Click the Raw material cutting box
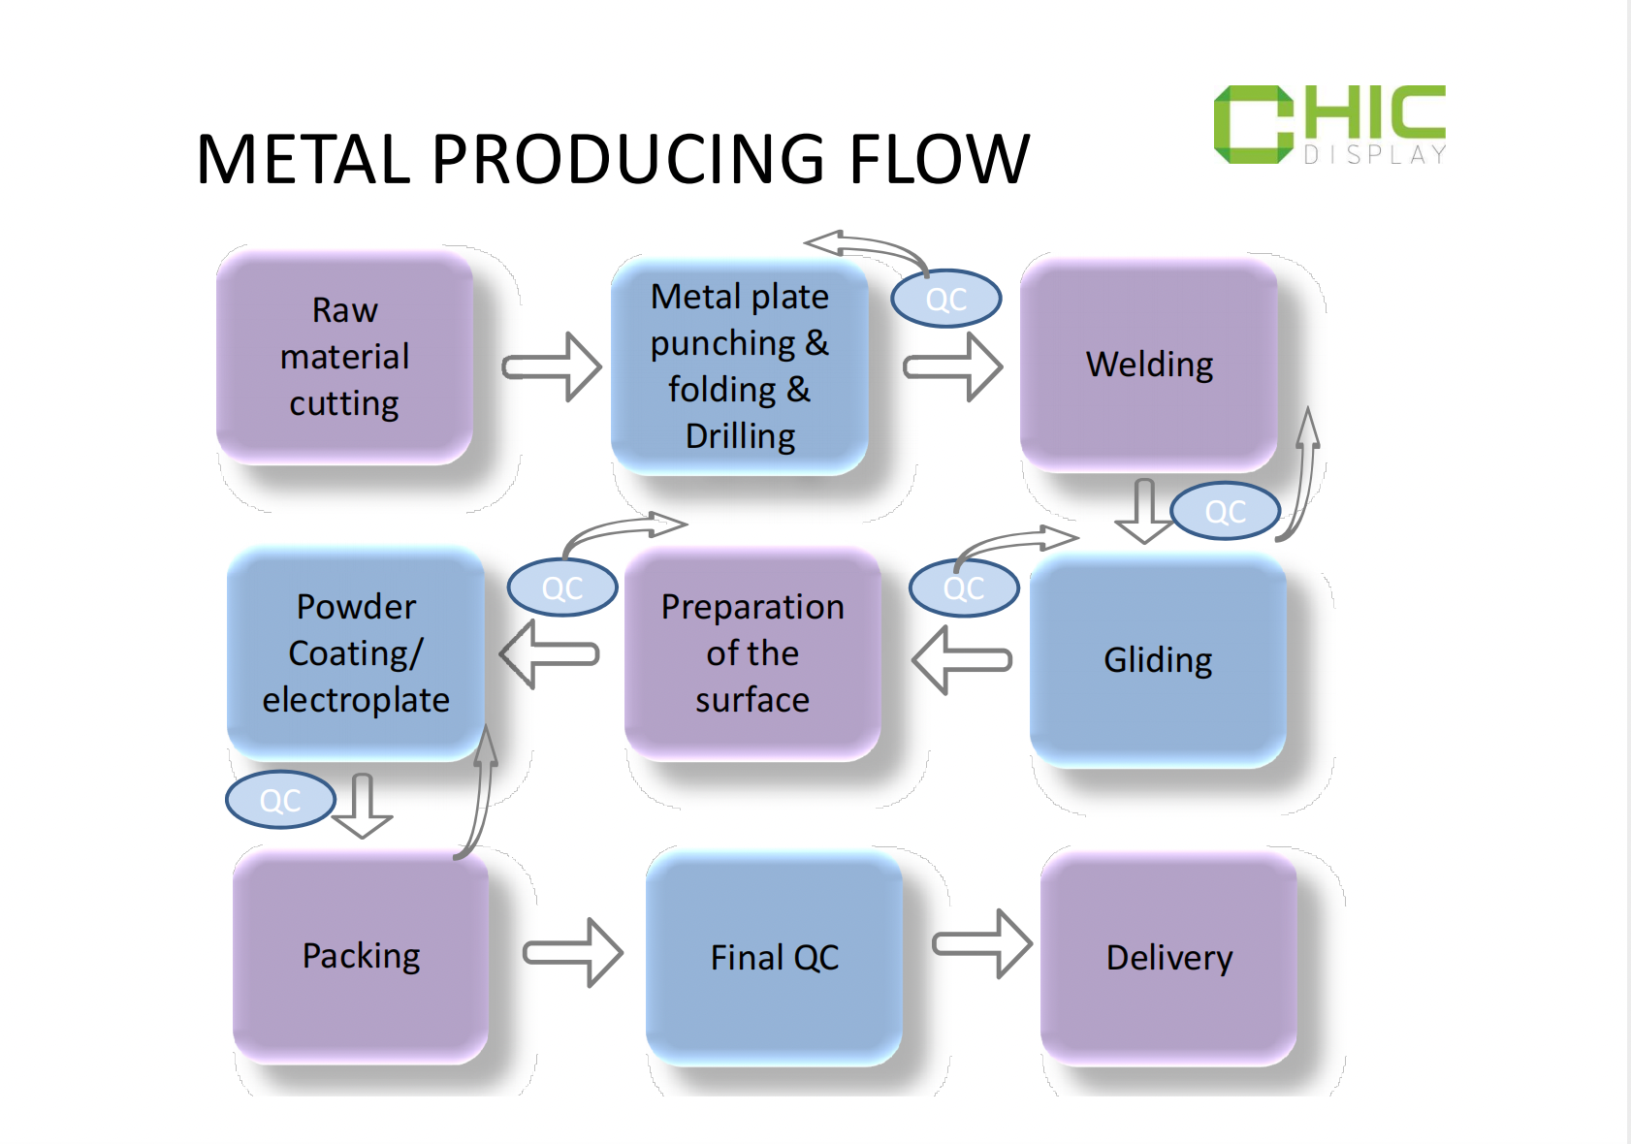(x=344, y=357)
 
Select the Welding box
(x=1148, y=365)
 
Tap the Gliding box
(x=1158, y=660)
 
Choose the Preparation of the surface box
(x=752, y=654)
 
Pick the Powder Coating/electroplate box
(x=355, y=654)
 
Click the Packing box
(x=361, y=957)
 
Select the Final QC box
(x=774, y=958)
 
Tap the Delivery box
(x=1168, y=958)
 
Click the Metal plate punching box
(x=739, y=366)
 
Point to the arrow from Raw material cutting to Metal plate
(x=552, y=367)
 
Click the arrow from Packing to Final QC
(x=573, y=952)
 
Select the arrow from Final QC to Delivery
(x=982, y=943)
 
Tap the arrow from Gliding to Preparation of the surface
(x=962, y=660)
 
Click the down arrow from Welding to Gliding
(x=1144, y=511)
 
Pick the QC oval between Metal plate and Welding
(x=946, y=299)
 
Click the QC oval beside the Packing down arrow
(x=280, y=800)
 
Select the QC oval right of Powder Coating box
(x=562, y=587)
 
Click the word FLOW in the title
(x=940, y=159)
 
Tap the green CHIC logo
(x=1329, y=124)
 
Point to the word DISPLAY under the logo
(x=1375, y=155)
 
